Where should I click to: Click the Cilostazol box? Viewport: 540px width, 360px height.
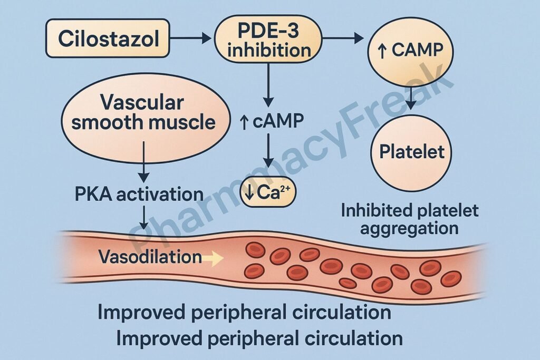108,38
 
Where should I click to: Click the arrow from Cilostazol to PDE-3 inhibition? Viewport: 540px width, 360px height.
191,38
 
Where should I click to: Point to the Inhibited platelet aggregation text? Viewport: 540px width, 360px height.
410,219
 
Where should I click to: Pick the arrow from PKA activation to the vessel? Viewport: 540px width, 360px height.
143,217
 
